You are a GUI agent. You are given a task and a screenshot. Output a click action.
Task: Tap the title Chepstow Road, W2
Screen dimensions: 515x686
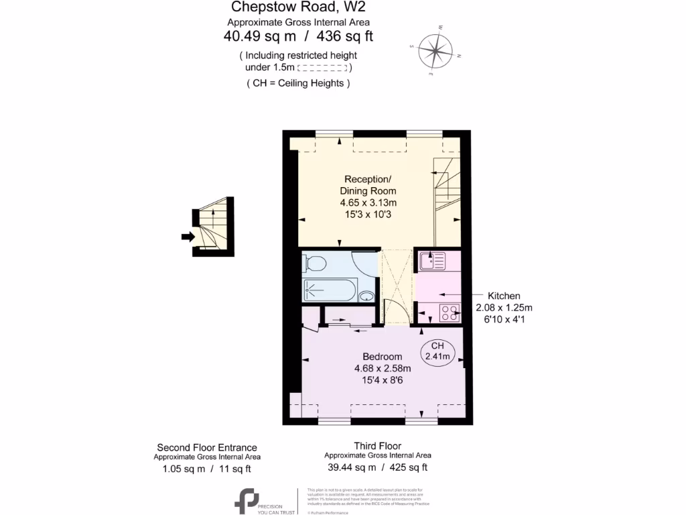tap(299, 7)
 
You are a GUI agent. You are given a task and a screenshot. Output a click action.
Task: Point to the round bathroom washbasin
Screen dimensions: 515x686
tap(367, 296)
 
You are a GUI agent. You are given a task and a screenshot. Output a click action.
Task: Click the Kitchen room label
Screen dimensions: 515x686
tap(503, 296)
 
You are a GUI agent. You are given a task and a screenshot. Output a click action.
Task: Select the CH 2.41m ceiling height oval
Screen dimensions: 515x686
tap(437, 351)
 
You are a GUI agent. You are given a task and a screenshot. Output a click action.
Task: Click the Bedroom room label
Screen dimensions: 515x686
tap(382, 356)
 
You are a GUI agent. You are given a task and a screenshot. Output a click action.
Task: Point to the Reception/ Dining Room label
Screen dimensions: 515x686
tap(367, 184)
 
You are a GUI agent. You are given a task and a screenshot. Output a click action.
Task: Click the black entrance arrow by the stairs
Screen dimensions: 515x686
tap(188, 236)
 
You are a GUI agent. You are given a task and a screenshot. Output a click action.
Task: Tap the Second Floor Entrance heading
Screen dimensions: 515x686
tap(206, 447)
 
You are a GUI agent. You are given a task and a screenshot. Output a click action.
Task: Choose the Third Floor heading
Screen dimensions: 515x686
tap(378, 446)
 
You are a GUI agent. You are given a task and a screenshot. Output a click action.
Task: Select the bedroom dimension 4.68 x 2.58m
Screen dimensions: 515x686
tap(382, 368)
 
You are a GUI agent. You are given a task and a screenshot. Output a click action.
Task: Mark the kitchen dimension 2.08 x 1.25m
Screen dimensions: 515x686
tap(503, 308)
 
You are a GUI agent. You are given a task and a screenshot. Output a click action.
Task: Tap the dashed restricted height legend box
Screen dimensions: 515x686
tap(322, 68)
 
